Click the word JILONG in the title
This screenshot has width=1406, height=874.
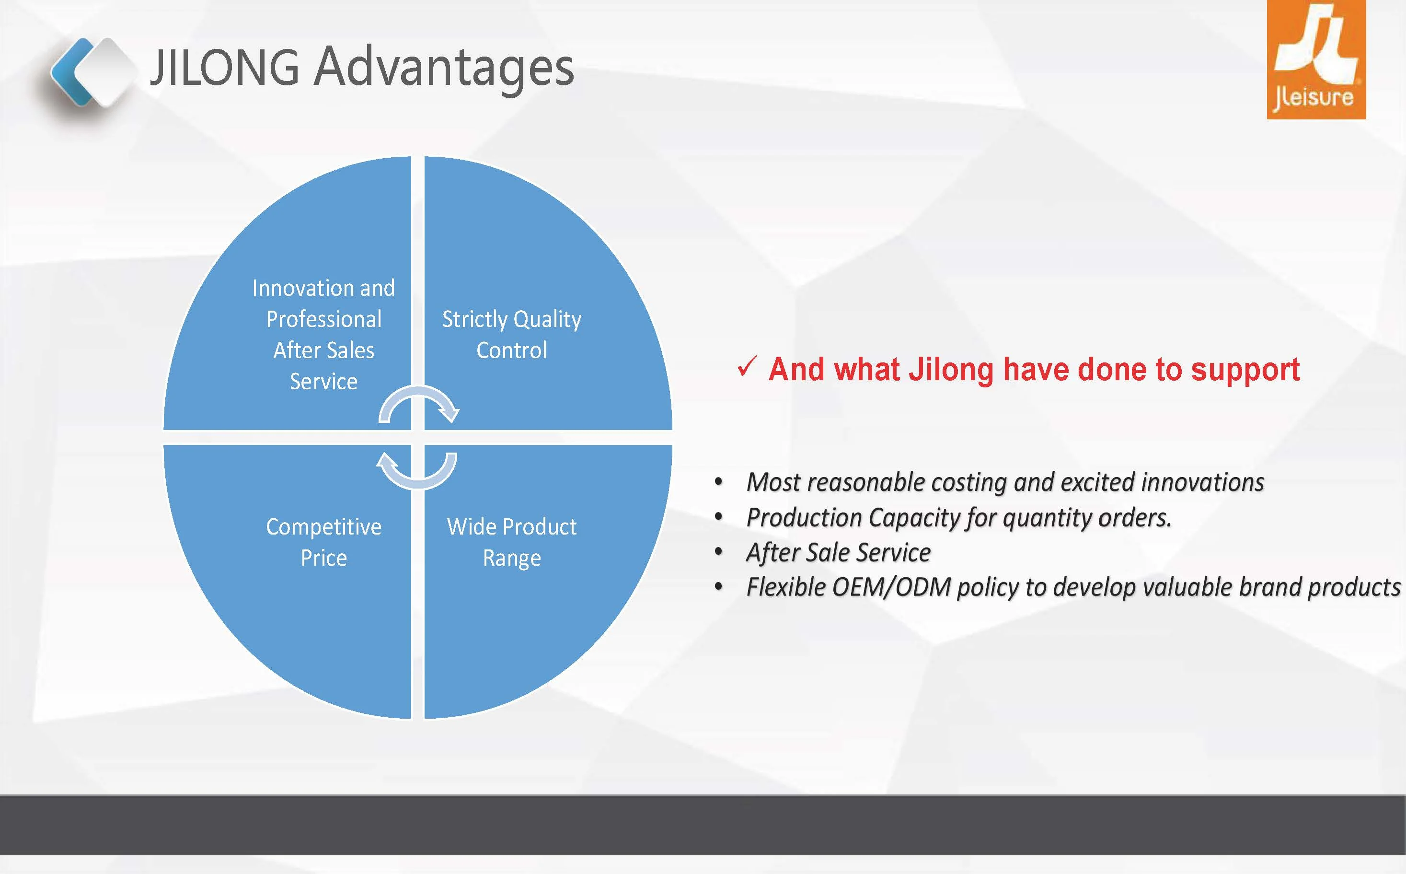click(x=225, y=67)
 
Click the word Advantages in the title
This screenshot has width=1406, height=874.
click(x=444, y=68)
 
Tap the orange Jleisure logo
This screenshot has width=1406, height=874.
click(x=1316, y=59)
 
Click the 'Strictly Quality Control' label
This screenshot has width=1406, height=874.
click(x=512, y=335)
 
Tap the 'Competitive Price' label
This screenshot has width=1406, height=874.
click(x=323, y=542)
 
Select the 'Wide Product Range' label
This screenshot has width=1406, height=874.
click(x=512, y=542)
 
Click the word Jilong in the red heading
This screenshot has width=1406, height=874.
click(x=951, y=370)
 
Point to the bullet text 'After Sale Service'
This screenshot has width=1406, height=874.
click(x=839, y=553)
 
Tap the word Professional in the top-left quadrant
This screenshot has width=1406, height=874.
click(x=323, y=319)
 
